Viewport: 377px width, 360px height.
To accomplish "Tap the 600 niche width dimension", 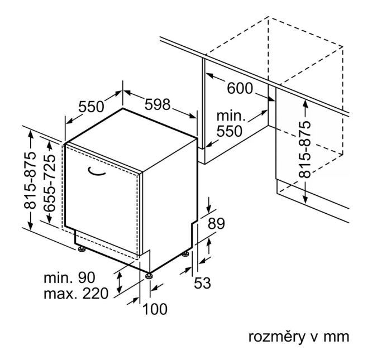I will tap(240, 88).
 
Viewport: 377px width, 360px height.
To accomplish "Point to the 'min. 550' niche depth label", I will tap(231, 124).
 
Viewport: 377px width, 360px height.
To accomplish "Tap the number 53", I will tap(202, 284).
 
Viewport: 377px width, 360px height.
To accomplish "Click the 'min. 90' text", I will tap(70, 277).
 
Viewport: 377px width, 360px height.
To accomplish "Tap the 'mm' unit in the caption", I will tap(337, 338).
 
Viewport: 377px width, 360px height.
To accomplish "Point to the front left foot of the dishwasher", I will tap(82, 248).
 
